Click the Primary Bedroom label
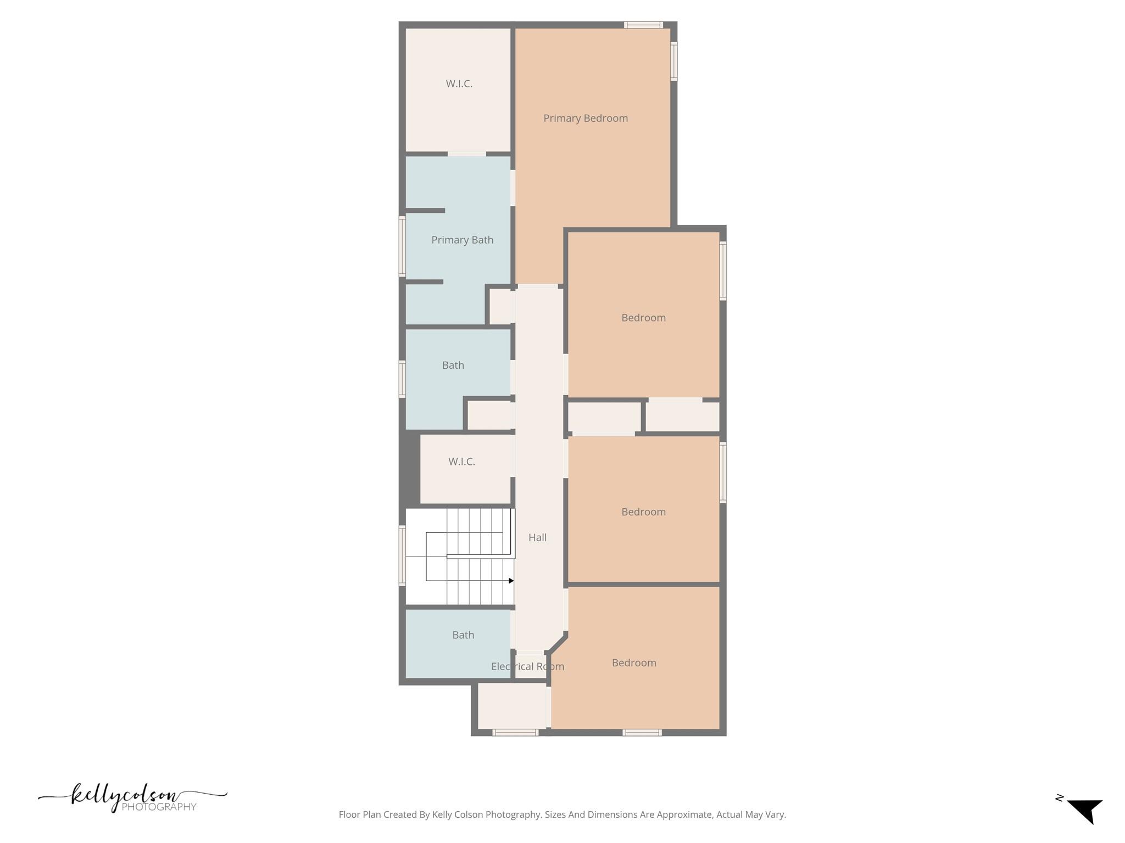click(x=585, y=118)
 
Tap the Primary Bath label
click(x=462, y=240)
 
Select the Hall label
click(x=537, y=537)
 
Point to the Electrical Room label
click(x=527, y=666)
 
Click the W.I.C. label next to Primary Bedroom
click(x=459, y=83)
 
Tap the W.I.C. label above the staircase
click(x=461, y=462)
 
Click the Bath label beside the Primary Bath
click(x=453, y=365)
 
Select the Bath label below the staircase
click(x=463, y=635)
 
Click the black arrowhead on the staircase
click(x=511, y=581)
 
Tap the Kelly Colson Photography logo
click(x=132, y=798)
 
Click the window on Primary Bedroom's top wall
click(x=643, y=25)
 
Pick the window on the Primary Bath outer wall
click(x=402, y=246)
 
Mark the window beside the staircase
click(x=402, y=555)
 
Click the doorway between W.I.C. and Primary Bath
click(x=466, y=154)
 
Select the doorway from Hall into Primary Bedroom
click(x=537, y=286)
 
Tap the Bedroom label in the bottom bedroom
click(x=634, y=662)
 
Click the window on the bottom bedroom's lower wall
click(x=642, y=732)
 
